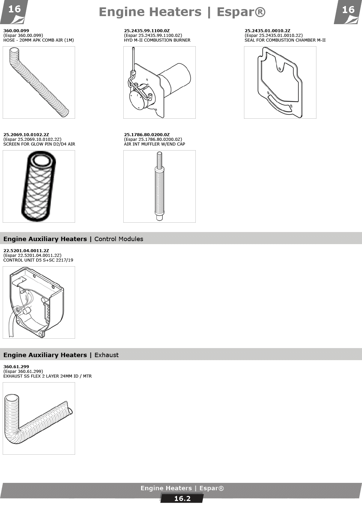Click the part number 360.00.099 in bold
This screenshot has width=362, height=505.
(x=16, y=31)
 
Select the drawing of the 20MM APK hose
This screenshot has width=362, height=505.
(x=39, y=82)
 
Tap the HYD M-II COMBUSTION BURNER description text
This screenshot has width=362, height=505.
(x=157, y=40)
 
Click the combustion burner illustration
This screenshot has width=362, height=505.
(x=160, y=82)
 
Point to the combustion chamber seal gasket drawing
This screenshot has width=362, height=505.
(x=280, y=82)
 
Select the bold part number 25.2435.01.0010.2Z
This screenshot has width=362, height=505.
(x=267, y=31)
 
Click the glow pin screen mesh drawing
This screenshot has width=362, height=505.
(x=39, y=186)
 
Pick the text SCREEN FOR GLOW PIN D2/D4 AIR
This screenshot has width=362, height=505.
(x=39, y=144)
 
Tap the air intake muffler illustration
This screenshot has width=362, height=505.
(x=160, y=186)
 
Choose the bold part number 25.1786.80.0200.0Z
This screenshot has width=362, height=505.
(x=147, y=135)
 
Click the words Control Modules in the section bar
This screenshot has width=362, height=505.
(x=119, y=239)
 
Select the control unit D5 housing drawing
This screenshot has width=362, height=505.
(x=39, y=302)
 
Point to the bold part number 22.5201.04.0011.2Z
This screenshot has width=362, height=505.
(x=26, y=250)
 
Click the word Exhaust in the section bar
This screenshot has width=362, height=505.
(x=106, y=355)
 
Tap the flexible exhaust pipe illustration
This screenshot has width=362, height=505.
(x=39, y=418)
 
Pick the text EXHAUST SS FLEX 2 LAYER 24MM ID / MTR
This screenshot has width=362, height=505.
(x=48, y=376)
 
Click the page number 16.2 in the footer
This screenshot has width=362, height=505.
(x=182, y=499)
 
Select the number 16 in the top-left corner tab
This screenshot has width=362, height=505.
(x=14, y=9)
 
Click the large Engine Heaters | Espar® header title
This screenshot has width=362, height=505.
(x=182, y=12)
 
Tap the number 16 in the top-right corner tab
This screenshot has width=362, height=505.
(x=348, y=10)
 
